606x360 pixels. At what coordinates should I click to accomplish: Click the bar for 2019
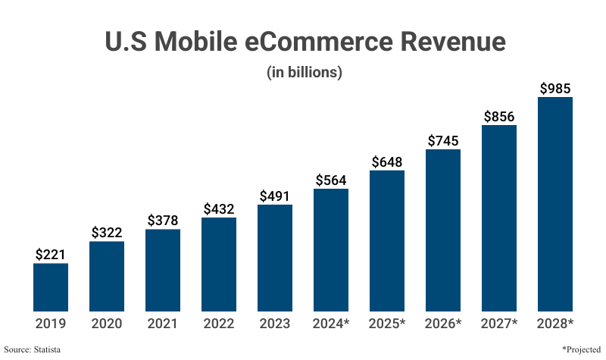coord(51,287)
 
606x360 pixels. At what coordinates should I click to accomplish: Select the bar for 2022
coord(219,265)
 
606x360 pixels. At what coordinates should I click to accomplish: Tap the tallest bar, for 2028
coord(555,204)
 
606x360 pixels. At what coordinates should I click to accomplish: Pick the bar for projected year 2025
coord(387,241)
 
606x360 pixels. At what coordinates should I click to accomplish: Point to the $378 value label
coord(163,221)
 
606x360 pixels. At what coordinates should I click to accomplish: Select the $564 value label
coord(331,180)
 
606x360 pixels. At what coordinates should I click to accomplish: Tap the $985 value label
coord(555,89)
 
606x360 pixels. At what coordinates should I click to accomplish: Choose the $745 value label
coord(443,140)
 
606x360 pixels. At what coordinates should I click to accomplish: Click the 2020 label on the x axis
coord(107,324)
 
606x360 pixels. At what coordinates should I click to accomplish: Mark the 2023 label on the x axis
coord(275,324)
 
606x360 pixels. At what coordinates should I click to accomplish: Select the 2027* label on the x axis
coord(499,324)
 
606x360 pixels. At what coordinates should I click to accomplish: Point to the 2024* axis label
coord(331,324)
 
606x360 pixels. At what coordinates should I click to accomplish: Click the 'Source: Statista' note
coord(32,349)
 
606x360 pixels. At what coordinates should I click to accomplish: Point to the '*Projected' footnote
coord(580,349)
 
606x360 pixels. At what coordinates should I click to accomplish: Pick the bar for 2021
coord(163,270)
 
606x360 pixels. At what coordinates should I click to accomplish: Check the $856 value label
coord(499,116)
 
